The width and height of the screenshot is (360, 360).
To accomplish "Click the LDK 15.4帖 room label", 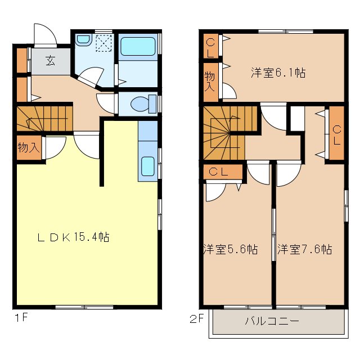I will point(73,237).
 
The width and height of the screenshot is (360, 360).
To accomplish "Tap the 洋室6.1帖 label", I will point(278,73).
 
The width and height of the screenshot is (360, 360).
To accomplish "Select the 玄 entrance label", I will point(51,60).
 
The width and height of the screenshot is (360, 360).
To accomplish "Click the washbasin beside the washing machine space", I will point(84,40).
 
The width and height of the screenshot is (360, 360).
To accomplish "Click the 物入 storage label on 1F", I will point(28,148).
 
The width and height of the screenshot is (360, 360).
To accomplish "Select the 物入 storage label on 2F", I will point(209,82).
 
